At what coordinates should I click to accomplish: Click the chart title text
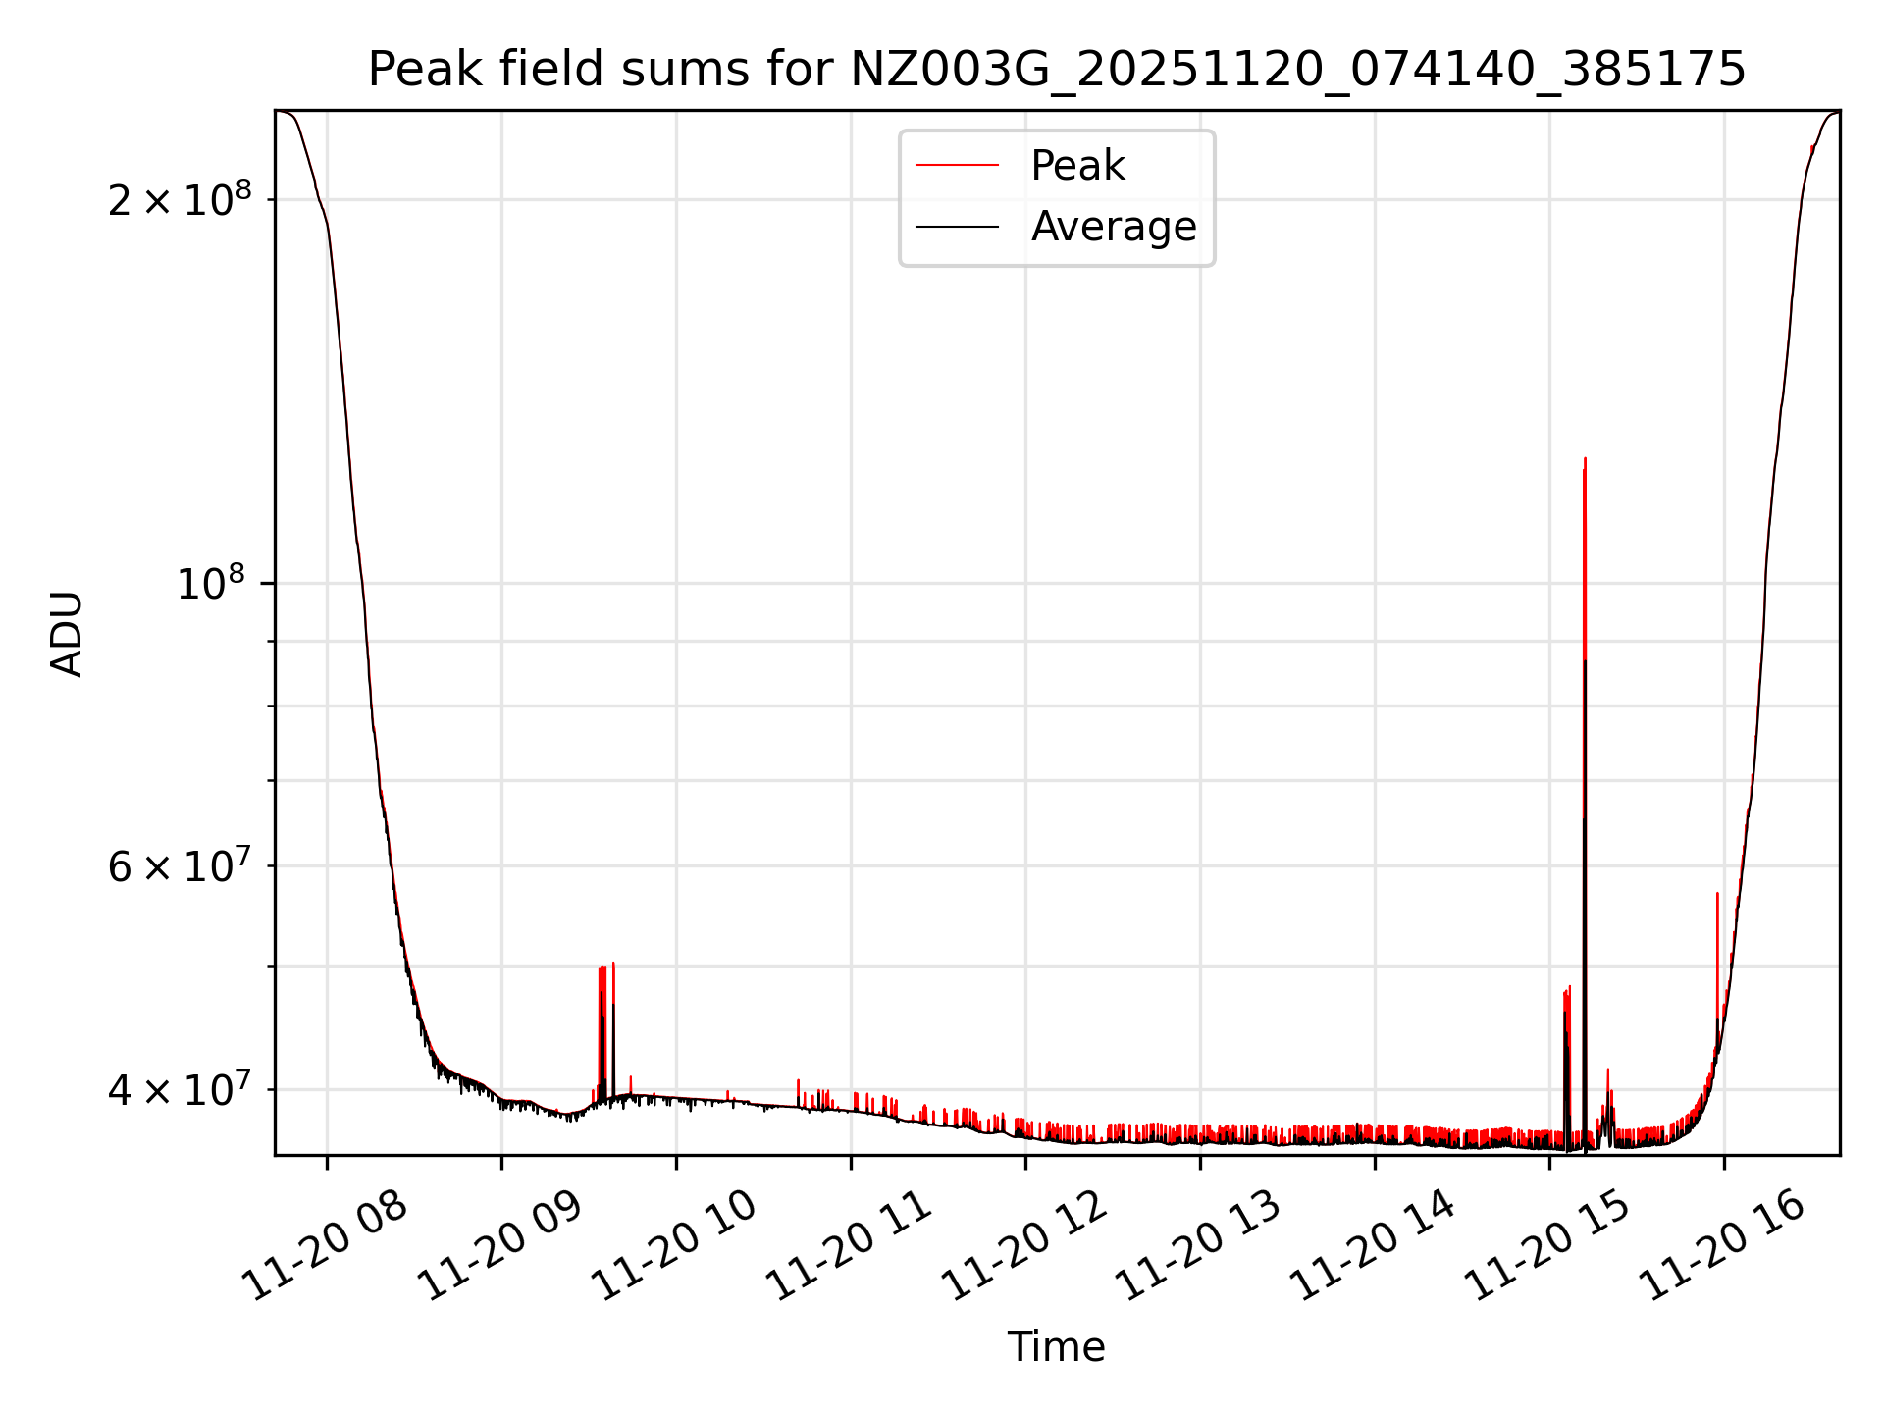tap(1057, 70)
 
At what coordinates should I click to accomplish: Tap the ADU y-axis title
tap(67, 633)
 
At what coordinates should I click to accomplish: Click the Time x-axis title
tap(1057, 1346)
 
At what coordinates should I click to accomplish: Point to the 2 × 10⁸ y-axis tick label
tap(180, 201)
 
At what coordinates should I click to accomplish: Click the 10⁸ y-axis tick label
tap(210, 585)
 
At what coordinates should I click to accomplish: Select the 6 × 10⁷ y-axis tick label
tap(180, 867)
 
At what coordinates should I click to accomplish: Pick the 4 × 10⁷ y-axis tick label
tap(180, 1090)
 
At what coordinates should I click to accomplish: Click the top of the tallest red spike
tap(1585, 459)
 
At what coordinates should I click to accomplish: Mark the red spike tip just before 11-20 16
tap(1717, 894)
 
